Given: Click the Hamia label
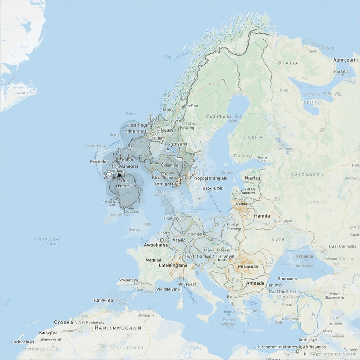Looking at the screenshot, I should [x=262, y=216].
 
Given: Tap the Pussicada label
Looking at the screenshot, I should [x=248, y=266].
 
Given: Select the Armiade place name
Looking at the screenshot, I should [x=255, y=283].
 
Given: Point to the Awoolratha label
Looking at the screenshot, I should [x=156, y=245].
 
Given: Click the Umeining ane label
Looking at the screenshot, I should [x=173, y=265].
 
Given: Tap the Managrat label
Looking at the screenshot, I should [x=129, y=166].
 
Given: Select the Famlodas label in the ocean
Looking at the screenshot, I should [x=99, y=162].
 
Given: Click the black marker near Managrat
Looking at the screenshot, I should [x=119, y=174].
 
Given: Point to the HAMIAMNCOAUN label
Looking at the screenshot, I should [x=118, y=328].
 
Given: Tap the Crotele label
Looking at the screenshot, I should [x=64, y=322].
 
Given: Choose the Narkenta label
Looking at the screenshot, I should [x=103, y=300].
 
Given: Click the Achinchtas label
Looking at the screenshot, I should [x=24, y=342].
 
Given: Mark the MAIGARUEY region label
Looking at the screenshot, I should [x=307, y=174].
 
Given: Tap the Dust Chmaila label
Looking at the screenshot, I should [x=343, y=246].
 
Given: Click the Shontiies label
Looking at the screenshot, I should [x=287, y=278].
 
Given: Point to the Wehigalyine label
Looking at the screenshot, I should [x=168, y=289].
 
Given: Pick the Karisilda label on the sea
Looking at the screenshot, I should [x=304, y=256].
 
